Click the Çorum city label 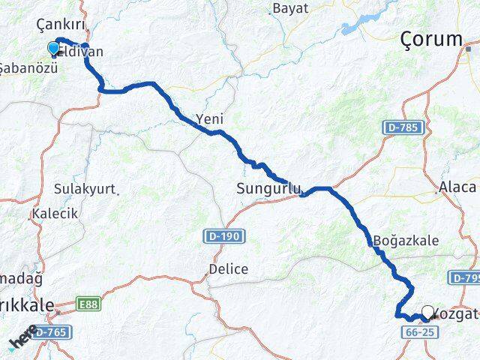[x=430, y=39]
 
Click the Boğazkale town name [x=406, y=241]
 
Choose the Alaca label [x=457, y=187]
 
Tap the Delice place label [x=228, y=268]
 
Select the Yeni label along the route [x=209, y=118]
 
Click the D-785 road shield [x=402, y=128]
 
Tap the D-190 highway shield [x=223, y=237]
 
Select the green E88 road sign [x=88, y=304]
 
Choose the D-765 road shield [x=49, y=331]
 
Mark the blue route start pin [x=53, y=48]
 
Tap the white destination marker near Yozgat [x=428, y=312]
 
